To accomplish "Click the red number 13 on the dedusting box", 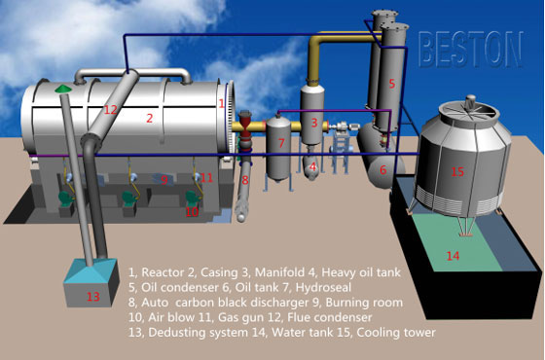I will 92,297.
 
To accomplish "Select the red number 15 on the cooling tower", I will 456,172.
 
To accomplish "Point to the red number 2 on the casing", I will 149,119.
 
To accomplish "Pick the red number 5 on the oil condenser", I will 391,84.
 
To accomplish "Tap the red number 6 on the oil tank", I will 382,169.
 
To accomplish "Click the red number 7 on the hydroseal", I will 280,144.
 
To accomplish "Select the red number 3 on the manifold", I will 313,123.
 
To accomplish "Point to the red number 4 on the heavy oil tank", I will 312,166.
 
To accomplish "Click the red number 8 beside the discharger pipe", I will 244,180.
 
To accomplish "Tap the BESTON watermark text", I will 471,45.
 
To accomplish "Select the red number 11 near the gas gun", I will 207,177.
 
